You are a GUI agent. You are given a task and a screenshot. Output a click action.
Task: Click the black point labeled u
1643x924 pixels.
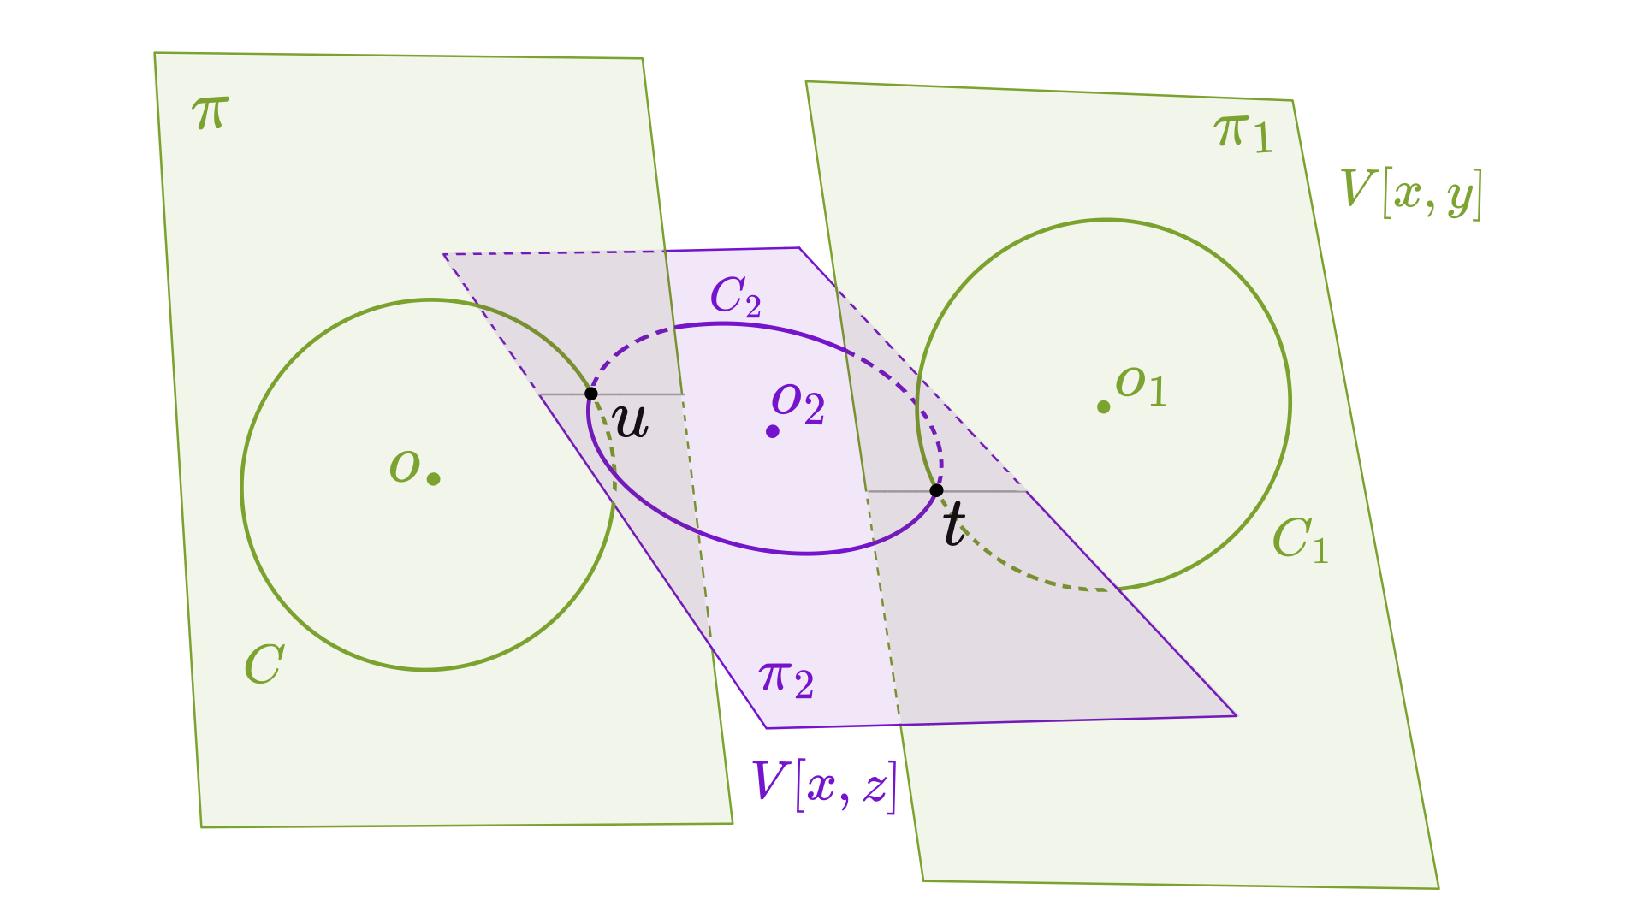(590, 394)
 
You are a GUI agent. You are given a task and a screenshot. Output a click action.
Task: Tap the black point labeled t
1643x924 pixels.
(936, 490)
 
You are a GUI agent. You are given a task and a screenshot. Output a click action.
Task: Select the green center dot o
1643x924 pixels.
(434, 479)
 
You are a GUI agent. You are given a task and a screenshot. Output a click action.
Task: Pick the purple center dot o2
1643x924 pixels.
(773, 431)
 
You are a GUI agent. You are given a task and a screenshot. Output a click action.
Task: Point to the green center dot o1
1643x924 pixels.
(1104, 407)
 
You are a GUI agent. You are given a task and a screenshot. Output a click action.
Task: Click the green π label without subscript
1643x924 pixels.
(211, 112)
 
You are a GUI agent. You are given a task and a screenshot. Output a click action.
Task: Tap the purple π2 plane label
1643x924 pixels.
(786, 680)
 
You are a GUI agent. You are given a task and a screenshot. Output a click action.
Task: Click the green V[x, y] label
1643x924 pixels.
(1410, 194)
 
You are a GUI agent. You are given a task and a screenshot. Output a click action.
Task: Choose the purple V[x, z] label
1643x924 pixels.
(824, 785)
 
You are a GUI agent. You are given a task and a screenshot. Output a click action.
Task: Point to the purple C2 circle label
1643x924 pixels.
(735, 298)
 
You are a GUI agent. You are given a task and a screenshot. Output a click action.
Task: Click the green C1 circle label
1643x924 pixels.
(1300, 540)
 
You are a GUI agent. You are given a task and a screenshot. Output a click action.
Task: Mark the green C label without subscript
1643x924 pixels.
(264, 664)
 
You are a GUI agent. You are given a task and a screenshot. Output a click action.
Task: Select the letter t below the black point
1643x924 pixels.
(954, 523)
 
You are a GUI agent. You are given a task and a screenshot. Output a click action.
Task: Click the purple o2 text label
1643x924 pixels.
(798, 403)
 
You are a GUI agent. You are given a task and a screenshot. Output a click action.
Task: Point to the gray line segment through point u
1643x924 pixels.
(642, 394)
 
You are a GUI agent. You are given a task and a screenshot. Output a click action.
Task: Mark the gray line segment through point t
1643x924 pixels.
(984, 491)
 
